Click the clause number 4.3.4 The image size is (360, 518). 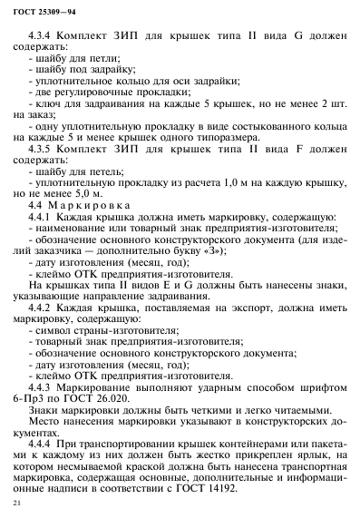coord(42,34)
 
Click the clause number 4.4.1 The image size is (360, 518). coord(42,219)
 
